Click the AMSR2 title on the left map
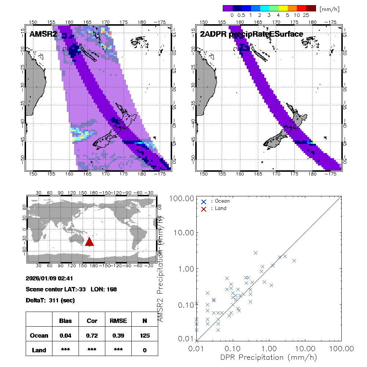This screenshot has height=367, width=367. tap(43, 34)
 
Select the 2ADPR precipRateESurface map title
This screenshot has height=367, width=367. tap(251, 34)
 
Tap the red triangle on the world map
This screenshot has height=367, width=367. tap(90, 241)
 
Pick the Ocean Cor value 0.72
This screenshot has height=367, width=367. tap(92, 335)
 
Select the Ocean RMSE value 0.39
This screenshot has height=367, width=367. tap(118, 335)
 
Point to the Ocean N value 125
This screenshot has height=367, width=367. tap(145, 335)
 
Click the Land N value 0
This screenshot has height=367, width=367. tap(145, 350)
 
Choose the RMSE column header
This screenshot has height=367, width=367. tap(118, 321)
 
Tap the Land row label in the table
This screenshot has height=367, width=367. tap(39, 350)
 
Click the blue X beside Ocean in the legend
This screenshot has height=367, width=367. tap(204, 201)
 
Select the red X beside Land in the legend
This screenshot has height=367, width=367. tap(204, 208)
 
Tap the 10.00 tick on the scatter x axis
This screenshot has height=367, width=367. tap(305, 348)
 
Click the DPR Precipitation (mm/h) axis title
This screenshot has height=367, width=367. tap(269, 357)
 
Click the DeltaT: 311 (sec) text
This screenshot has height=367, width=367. tap(51, 300)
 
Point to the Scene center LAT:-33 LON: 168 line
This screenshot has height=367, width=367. tap(72, 289)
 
